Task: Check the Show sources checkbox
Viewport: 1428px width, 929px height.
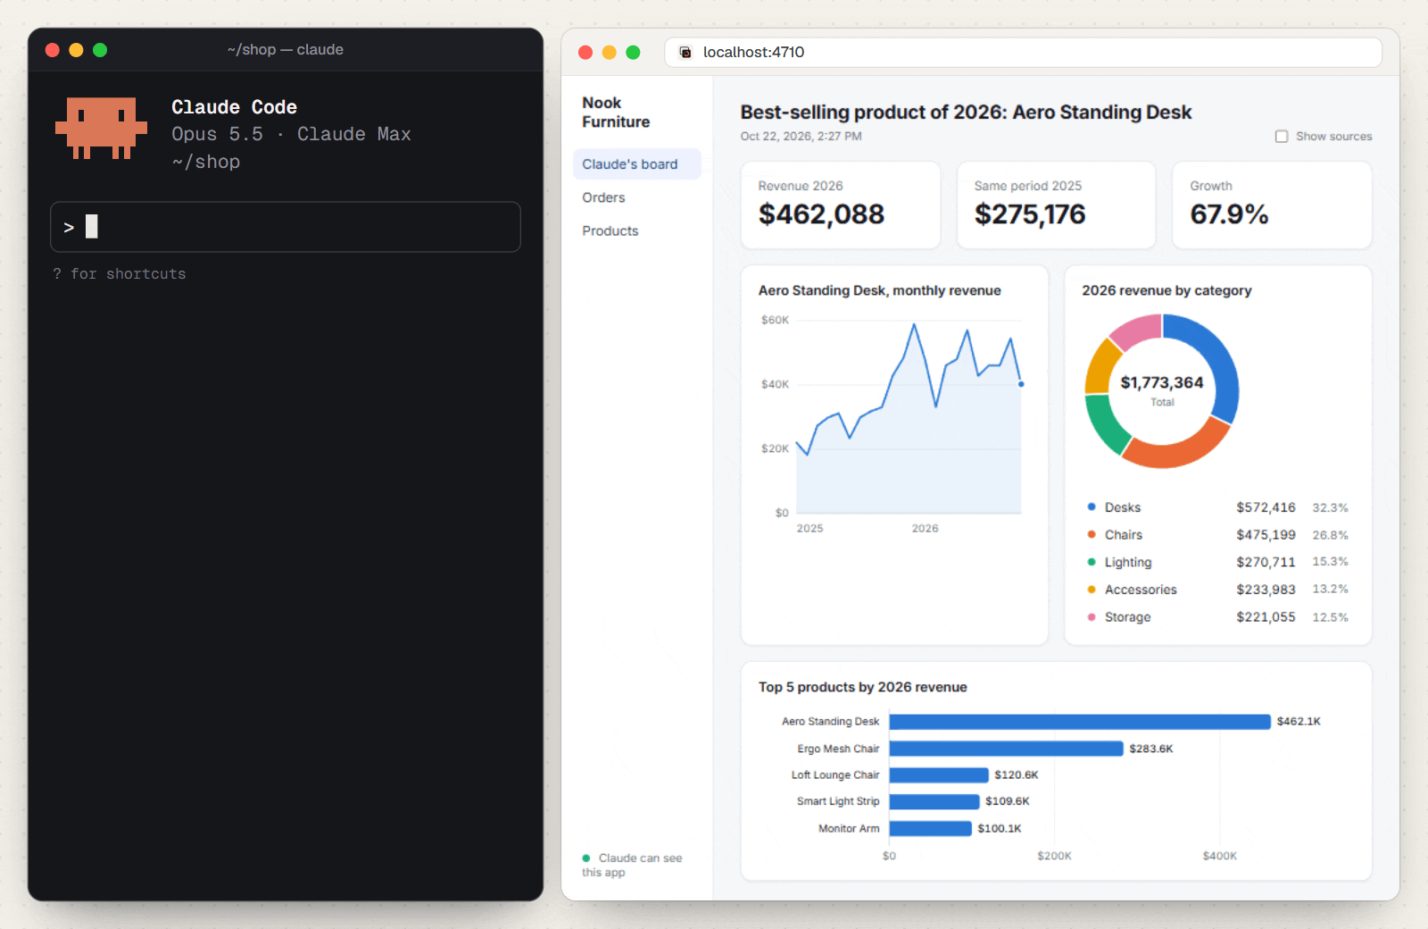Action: (1281, 137)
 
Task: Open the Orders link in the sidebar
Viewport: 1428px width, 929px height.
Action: (603, 197)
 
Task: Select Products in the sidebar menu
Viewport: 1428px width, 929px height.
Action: (610, 231)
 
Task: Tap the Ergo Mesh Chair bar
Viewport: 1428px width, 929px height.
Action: (1005, 749)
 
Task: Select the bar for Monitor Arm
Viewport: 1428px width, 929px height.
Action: (929, 828)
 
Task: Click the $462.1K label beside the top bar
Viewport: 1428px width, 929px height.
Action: (1298, 721)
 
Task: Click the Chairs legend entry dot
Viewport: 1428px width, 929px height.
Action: (1092, 535)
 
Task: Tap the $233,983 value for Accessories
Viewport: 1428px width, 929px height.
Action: (1266, 590)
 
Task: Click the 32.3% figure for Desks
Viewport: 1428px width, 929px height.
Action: (1330, 508)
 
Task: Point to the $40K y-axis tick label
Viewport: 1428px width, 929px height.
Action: (775, 384)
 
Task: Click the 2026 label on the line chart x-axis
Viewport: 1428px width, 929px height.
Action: (925, 528)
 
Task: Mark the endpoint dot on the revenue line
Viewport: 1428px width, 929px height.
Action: (1021, 384)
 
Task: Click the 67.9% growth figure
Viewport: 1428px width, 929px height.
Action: (1228, 214)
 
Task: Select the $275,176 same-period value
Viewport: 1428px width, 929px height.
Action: (1029, 214)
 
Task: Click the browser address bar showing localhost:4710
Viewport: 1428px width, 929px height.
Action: (1023, 53)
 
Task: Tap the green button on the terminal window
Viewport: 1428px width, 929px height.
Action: (100, 50)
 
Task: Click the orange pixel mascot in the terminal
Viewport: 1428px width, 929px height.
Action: (102, 128)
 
